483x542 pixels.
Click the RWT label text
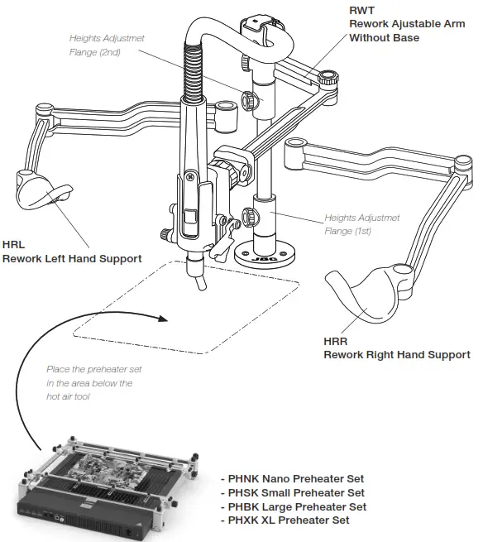pos(361,11)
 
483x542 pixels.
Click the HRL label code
pos(13,246)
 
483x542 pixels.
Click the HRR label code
pos(336,341)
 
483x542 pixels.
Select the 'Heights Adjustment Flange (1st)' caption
pos(361,224)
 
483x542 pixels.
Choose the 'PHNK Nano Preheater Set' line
pos(294,479)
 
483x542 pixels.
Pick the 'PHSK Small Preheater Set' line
pos(294,493)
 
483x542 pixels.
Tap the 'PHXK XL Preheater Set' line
pos(286,520)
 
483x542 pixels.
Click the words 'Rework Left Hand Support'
pos(71,259)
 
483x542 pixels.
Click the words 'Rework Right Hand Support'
pos(396,354)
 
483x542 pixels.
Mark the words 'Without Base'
pos(384,37)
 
